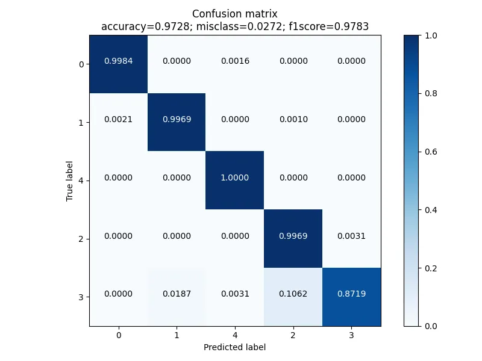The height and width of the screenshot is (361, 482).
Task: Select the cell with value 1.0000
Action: click(235, 178)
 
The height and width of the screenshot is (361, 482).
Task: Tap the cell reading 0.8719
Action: click(351, 294)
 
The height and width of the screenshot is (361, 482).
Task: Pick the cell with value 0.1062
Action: click(293, 294)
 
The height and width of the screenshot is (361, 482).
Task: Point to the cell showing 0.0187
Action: click(177, 294)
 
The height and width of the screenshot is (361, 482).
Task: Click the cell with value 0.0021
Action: click(119, 120)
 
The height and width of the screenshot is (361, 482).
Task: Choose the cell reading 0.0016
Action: click(235, 61)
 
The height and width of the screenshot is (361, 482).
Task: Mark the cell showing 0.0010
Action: click(293, 120)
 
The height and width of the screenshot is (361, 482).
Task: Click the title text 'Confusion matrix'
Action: click(235, 14)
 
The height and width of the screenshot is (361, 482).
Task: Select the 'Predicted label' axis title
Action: click(235, 347)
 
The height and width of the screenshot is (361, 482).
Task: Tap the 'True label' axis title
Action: click(70, 180)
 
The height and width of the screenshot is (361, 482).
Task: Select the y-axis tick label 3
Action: click(81, 297)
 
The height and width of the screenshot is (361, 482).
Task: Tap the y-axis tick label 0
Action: click(81, 64)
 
